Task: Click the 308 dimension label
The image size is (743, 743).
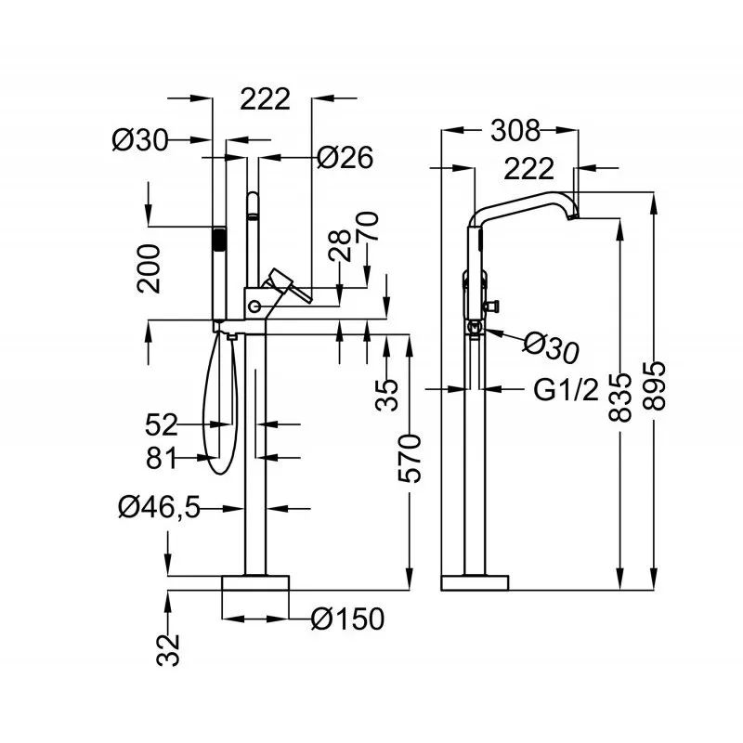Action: [515, 130]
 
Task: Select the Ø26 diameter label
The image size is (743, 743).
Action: [345, 157]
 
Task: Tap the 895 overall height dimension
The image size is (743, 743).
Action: [655, 385]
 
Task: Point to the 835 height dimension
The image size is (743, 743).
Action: [620, 398]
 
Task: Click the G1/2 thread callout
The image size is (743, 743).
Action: [567, 390]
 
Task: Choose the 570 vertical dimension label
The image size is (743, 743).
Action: [410, 458]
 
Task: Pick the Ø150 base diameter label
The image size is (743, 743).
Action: [347, 619]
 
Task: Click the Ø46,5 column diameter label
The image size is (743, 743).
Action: [159, 507]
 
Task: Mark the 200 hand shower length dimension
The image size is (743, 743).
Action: [149, 268]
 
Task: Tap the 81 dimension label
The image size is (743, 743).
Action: [161, 458]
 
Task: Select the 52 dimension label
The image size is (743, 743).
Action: [161, 424]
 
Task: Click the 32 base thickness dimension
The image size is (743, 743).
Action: [168, 650]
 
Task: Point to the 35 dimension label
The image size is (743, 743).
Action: [387, 394]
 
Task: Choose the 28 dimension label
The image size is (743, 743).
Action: [340, 245]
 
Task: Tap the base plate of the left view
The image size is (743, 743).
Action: [255, 583]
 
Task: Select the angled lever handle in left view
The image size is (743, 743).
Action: [288, 284]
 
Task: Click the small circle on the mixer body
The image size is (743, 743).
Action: [254, 307]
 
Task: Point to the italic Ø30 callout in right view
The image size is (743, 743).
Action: [551, 348]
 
